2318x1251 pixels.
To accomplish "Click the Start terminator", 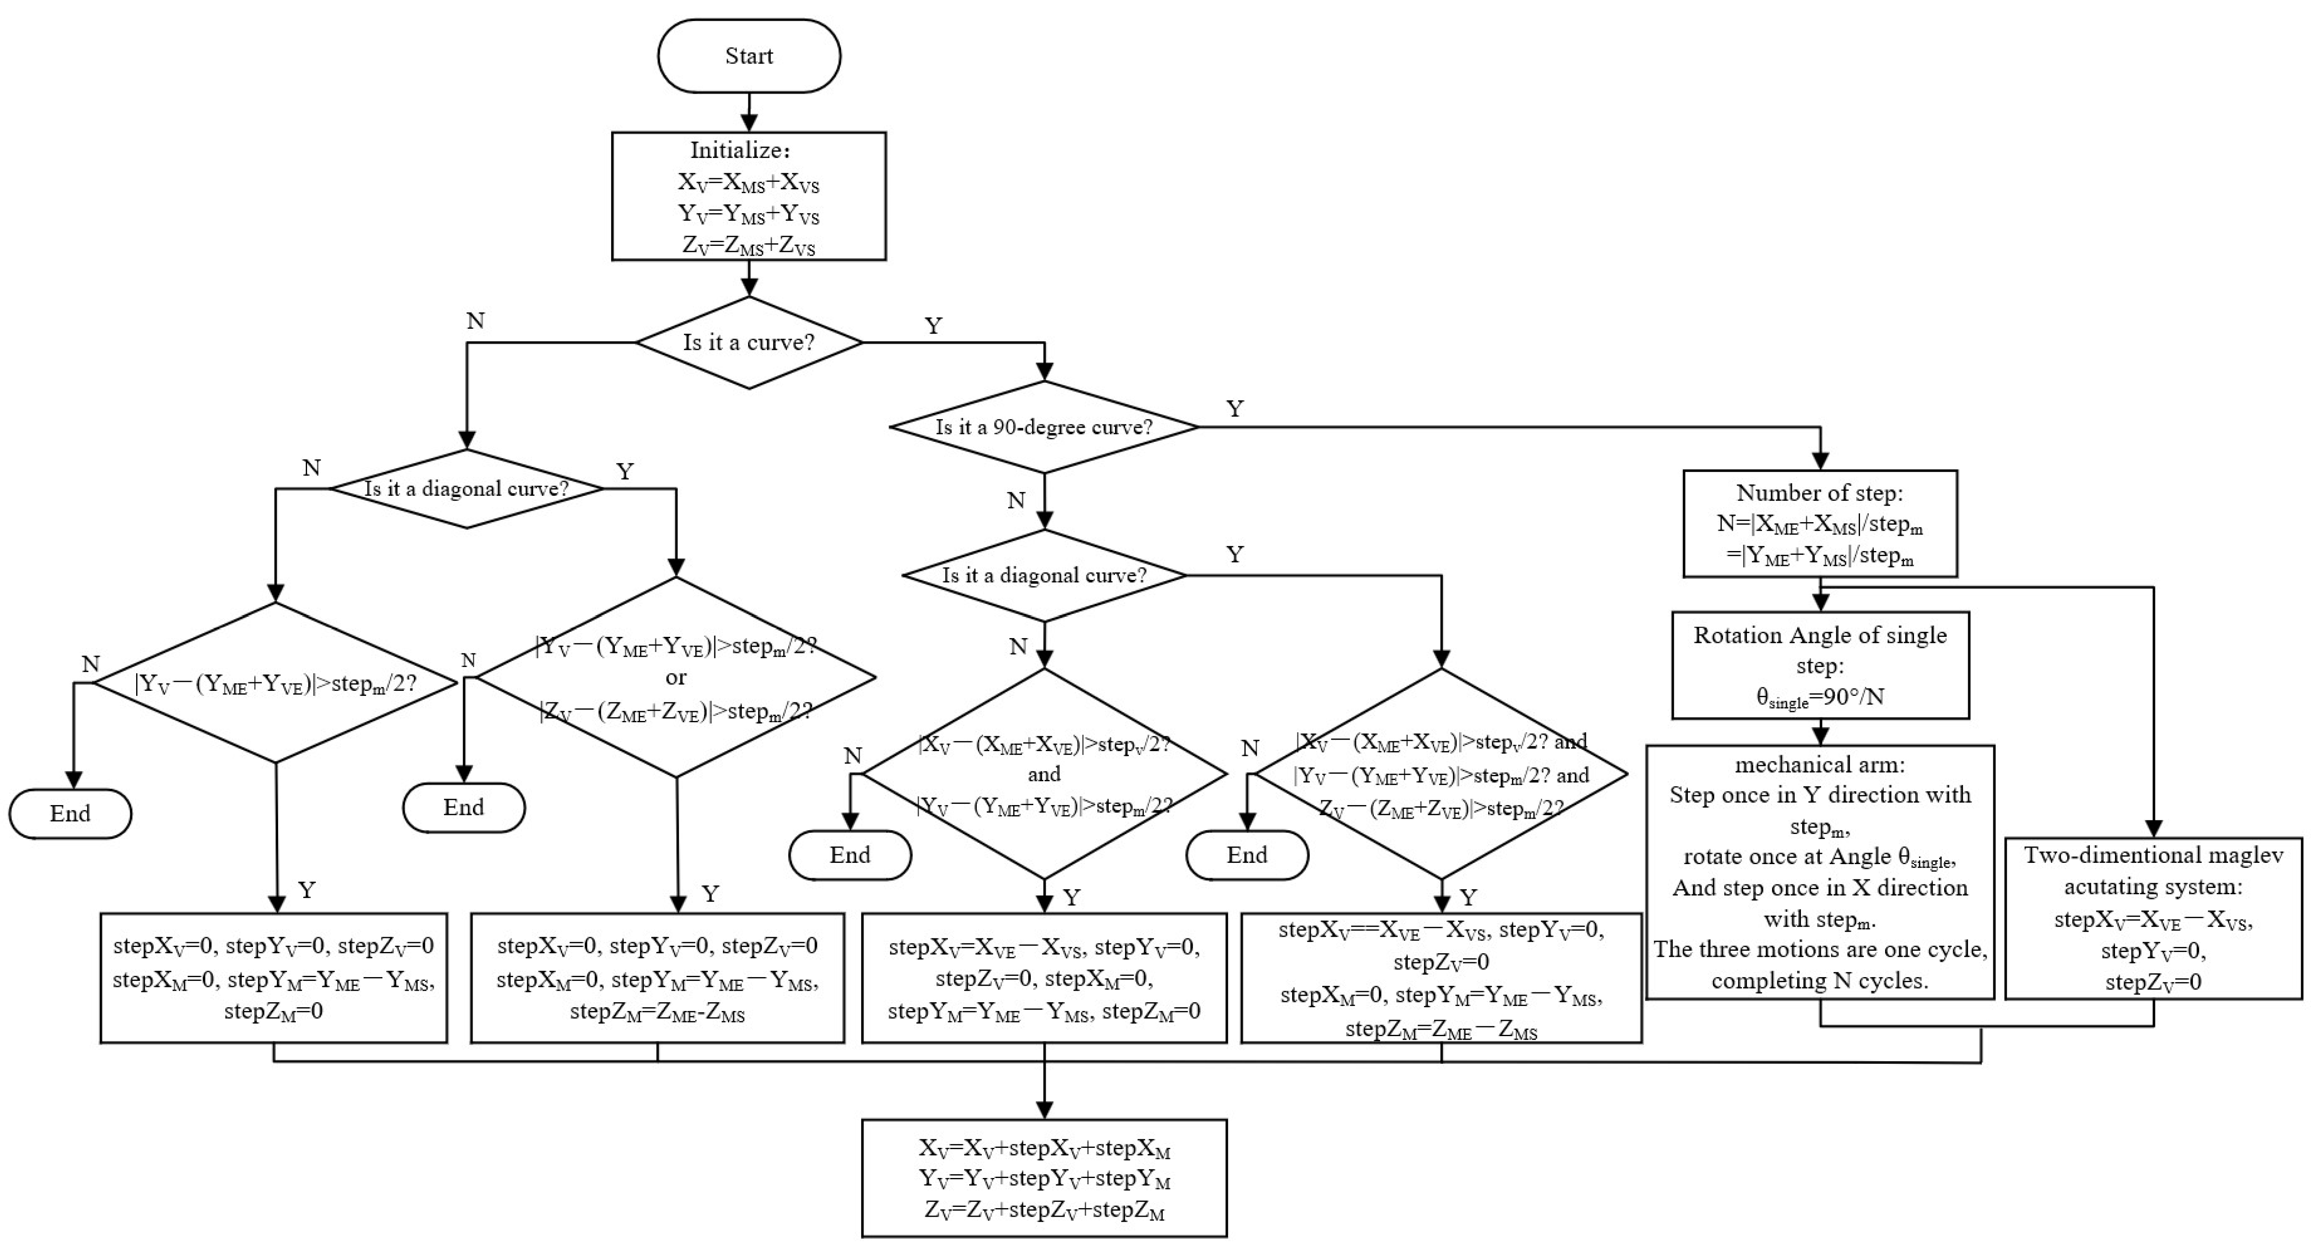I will pos(749,56).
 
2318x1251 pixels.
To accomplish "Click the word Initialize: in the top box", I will pos(740,150).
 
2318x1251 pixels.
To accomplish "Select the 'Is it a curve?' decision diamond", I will pos(749,343).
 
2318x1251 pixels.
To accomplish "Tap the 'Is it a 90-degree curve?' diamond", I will pos(1044,427).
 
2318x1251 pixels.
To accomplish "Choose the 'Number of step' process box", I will pos(1819,523).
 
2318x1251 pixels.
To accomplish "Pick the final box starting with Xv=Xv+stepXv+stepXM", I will pos(1044,1178).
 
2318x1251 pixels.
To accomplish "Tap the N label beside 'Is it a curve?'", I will pos(475,321).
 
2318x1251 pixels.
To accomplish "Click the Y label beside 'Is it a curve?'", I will pos(933,325).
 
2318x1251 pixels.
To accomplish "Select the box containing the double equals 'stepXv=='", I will pos(1441,978).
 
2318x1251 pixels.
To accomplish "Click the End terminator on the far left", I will pos(70,814).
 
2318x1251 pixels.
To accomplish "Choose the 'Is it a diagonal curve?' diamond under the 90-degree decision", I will pos(1044,575).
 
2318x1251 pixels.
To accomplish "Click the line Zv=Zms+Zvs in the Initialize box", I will pos(749,245).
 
